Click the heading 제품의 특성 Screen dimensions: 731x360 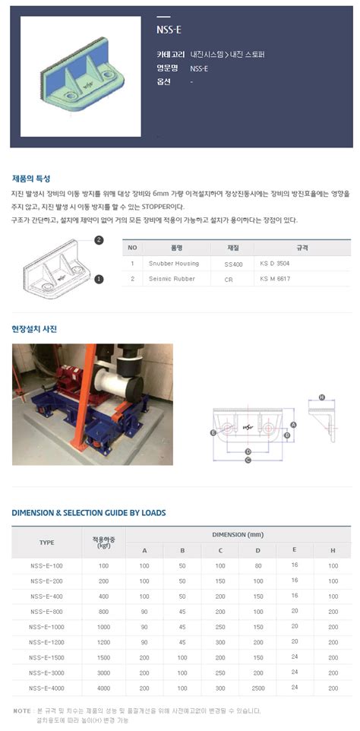click(x=31, y=179)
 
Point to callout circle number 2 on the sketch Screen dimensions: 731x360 click(x=99, y=240)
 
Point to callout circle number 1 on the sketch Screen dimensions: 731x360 click(x=99, y=279)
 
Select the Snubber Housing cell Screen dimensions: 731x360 click(x=175, y=263)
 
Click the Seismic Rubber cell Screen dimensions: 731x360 click(x=174, y=279)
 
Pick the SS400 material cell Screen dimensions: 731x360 click(x=234, y=263)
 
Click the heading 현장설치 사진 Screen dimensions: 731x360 click(x=34, y=329)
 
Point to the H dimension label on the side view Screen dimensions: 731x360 click(x=321, y=397)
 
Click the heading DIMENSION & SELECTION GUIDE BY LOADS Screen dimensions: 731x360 click(x=89, y=513)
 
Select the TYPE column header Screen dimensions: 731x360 click(x=46, y=543)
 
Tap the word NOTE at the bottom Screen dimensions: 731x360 click(x=21, y=710)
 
